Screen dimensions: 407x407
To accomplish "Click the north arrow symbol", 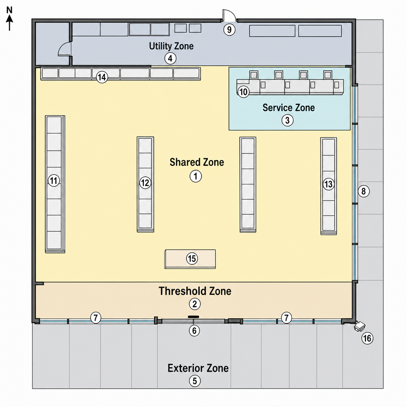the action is coord(10,19).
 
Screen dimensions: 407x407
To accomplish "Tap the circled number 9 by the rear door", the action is coord(229,29).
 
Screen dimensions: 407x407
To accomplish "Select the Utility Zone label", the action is coord(171,46).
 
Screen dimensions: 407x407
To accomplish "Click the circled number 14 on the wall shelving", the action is coord(102,77).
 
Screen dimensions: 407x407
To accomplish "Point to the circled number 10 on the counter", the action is coord(243,92).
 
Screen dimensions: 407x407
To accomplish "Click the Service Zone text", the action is coord(289,107).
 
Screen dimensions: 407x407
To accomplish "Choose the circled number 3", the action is coord(287,120).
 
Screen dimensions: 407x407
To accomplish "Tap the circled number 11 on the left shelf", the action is coord(54,180).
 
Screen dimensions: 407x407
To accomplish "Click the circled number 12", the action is coord(145,183).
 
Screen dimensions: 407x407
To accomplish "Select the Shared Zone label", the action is coord(197,162).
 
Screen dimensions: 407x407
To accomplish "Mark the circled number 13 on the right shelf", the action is coord(328,184).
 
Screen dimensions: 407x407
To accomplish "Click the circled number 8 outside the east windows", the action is coord(363,191).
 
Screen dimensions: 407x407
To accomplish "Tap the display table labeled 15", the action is coord(190,259).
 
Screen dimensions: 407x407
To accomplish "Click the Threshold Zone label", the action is coord(195,291).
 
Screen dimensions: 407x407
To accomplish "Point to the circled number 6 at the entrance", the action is coord(194,330).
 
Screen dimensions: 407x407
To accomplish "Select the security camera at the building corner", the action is coord(360,326).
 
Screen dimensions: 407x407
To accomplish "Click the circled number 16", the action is coord(367,338).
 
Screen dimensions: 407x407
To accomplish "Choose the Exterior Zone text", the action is coord(198,368).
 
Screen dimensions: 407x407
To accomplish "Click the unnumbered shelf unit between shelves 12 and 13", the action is coord(248,184).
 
